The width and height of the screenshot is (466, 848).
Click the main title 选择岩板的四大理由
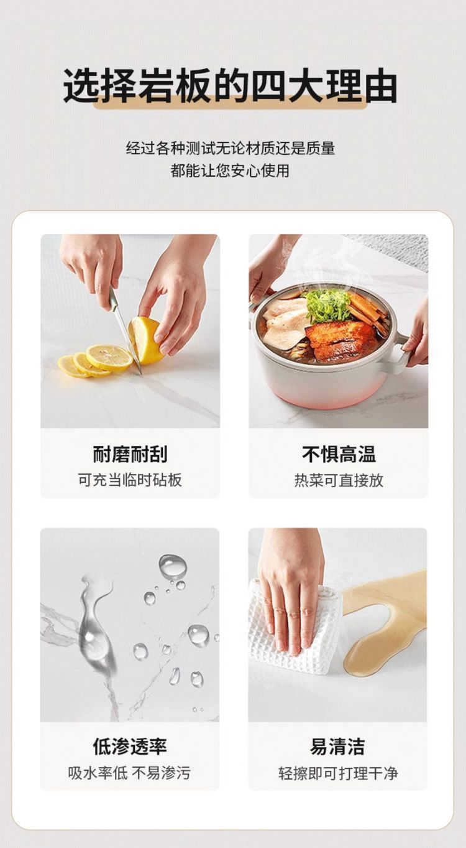[231, 86]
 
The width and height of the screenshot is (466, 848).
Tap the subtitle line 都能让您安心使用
[231, 170]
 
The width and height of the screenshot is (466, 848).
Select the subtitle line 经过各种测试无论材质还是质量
[231, 148]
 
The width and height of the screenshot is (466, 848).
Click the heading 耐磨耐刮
[130, 454]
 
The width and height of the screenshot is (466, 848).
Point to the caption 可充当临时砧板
[130, 480]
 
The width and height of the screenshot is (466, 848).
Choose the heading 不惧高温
[339, 454]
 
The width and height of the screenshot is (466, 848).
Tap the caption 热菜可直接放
[339, 480]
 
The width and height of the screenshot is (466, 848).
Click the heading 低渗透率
[130, 746]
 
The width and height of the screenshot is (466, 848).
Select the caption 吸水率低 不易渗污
[130, 773]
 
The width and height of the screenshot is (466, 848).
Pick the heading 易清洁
[337, 746]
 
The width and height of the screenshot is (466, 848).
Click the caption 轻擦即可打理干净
[337, 773]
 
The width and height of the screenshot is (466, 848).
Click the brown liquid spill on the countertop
[385, 622]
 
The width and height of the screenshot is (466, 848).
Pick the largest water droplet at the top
[172, 566]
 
